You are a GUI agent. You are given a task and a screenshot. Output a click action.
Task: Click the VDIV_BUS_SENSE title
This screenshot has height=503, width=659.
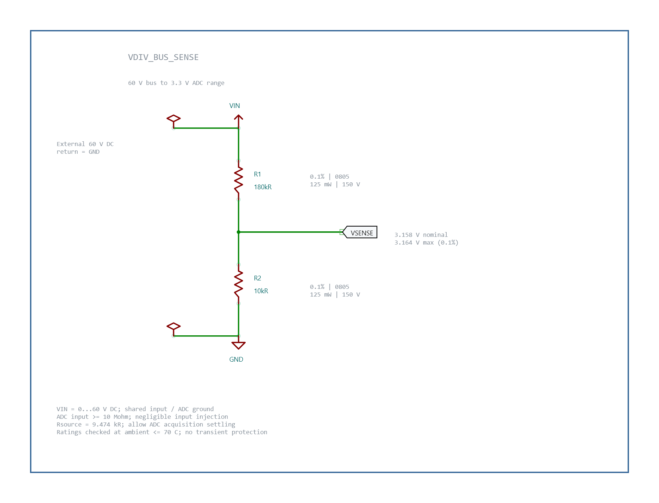163,57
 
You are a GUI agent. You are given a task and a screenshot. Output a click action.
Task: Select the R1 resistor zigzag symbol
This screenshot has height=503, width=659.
238,180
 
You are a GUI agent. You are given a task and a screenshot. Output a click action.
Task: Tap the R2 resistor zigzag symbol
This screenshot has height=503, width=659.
238,284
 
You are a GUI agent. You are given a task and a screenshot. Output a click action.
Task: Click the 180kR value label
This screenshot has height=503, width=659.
263,187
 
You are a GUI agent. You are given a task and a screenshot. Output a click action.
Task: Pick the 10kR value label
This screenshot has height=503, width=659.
261,291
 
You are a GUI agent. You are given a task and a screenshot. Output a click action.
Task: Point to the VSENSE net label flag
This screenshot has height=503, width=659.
360,232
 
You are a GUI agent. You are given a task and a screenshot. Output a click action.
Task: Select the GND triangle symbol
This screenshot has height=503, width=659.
238,345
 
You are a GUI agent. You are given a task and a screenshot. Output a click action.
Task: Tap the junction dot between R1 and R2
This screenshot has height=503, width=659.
238,232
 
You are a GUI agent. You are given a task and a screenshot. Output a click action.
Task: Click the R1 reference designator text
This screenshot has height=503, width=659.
257,174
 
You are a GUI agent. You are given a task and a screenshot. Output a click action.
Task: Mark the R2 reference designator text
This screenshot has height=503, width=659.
257,278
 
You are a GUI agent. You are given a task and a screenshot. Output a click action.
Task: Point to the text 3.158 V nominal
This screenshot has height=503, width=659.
421,235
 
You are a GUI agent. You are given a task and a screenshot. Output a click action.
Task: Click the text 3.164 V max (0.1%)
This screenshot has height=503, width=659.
427,242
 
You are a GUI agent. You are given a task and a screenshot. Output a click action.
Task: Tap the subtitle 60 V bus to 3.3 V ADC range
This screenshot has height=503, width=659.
176,83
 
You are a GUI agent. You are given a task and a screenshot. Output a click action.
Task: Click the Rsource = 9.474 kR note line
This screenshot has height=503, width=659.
146,424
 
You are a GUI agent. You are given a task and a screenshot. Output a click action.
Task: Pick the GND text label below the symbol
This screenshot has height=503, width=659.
236,359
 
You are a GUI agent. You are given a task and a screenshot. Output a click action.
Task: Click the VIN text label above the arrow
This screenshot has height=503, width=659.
235,106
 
